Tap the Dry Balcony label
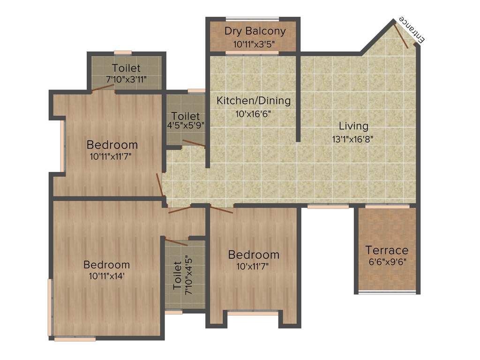click(255, 31)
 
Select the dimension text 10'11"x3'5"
click(254, 45)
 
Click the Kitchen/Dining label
click(253, 100)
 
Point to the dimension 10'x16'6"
click(253, 114)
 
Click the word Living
click(354, 126)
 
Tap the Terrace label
click(387, 250)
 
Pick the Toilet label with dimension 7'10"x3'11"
click(126, 68)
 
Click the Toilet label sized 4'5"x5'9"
click(185, 116)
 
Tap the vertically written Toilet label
click(177, 276)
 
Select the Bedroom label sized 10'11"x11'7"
click(112, 144)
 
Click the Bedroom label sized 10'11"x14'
click(106, 265)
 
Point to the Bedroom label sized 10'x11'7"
click(254, 255)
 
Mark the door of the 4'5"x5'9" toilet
click(193, 144)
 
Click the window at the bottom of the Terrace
click(387, 292)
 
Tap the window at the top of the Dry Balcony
click(252, 19)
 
